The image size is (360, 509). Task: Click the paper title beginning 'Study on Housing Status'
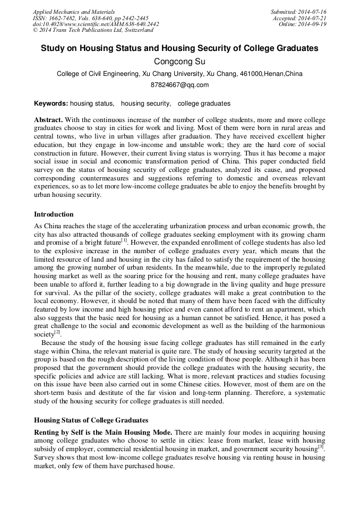point(180,48)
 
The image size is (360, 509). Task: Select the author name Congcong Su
point(180,62)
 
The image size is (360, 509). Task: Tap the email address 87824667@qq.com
point(180,85)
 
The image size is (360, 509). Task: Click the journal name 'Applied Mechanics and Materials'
point(74,12)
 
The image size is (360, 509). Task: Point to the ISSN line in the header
point(91,18)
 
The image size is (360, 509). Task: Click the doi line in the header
point(96,24)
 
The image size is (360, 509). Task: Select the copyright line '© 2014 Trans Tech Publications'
point(93,30)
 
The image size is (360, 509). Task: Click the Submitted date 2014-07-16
point(298,12)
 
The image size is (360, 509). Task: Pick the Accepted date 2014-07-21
point(299,18)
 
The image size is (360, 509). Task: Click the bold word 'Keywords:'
point(51,103)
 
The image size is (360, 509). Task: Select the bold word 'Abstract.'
point(48,120)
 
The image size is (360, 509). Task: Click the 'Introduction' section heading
point(54,214)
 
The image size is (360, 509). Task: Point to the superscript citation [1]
point(124,240)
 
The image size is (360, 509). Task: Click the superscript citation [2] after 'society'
point(57,332)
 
